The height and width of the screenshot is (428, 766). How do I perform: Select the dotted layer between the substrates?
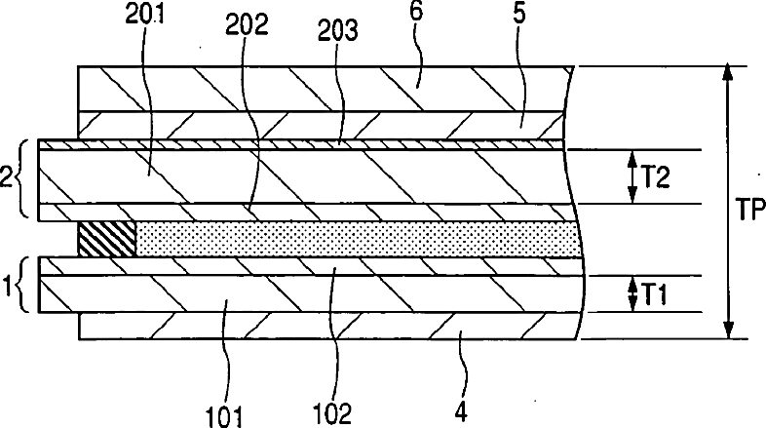tap(351, 239)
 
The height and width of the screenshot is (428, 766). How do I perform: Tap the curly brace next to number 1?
tap(24, 286)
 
